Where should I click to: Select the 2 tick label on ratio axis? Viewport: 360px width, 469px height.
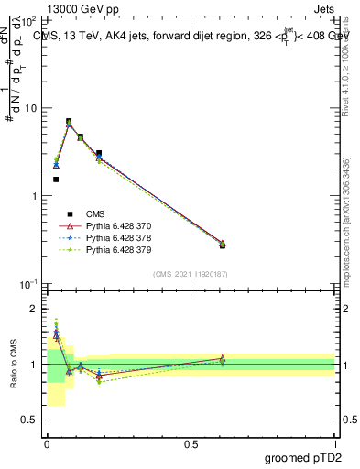click(x=35, y=309)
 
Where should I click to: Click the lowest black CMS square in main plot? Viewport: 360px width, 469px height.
click(x=56, y=180)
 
